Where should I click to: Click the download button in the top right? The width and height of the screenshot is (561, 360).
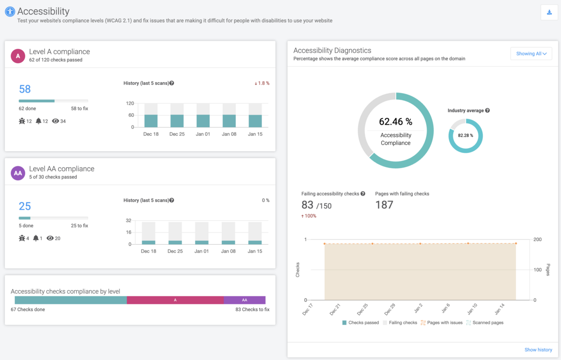point(549,12)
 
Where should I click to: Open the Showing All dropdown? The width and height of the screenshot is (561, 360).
point(531,53)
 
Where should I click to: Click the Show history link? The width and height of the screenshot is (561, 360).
point(538,350)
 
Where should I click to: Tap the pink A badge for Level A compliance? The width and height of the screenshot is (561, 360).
point(18,56)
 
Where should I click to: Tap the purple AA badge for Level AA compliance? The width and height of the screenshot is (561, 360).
point(18,173)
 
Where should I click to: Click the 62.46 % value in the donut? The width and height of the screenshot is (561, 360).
point(395,122)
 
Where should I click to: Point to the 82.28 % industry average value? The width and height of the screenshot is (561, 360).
point(465,136)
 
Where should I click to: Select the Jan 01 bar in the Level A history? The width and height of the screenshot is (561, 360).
point(203,120)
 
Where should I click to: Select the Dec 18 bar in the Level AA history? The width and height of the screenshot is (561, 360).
point(149,242)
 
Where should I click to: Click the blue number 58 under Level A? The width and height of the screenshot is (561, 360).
point(25,89)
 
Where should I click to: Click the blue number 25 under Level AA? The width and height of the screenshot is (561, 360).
point(25,206)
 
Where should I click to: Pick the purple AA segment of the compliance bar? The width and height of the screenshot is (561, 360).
point(244,300)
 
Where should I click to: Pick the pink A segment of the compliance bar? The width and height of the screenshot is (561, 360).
point(175,300)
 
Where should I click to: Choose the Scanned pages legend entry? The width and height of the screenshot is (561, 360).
point(485,322)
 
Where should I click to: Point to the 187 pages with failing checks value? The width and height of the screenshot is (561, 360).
point(384,205)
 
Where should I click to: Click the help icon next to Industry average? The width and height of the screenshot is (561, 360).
point(487,111)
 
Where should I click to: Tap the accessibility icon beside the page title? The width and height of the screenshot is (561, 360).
point(10,11)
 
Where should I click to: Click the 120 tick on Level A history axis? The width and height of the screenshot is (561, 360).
point(130,103)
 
